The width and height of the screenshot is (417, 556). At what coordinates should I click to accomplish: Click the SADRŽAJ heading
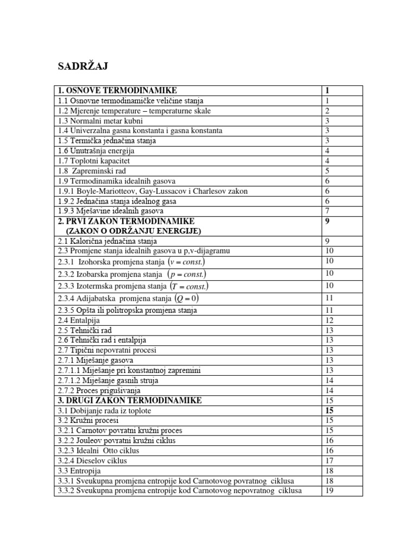[x=83, y=66]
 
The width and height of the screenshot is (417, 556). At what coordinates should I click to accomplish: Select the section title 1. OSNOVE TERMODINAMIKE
[x=117, y=91]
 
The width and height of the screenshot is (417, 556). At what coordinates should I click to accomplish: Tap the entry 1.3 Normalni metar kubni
[x=100, y=121]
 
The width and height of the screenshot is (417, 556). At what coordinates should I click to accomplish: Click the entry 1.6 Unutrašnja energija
[x=96, y=151]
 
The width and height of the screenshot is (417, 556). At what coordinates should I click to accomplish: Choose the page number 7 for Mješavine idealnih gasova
[x=327, y=211]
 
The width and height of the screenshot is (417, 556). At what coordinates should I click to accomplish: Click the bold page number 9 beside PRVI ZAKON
[x=327, y=222]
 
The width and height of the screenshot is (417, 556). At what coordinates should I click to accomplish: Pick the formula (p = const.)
[x=188, y=274]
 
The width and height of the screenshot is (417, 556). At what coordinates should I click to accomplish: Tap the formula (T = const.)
[x=189, y=286]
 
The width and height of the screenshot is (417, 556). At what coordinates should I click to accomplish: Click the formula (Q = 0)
[x=187, y=298]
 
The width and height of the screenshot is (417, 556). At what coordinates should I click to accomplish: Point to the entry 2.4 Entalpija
[x=79, y=320]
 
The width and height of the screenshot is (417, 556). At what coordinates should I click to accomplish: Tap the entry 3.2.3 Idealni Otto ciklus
[x=98, y=451]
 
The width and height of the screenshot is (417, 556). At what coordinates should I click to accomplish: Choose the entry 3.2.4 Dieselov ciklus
[x=92, y=460]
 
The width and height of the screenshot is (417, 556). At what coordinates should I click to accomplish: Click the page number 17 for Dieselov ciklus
[x=329, y=460]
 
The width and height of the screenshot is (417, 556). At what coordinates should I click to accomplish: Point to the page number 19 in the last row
[x=329, y=491]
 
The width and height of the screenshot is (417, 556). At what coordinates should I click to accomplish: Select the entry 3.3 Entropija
[x=79, y=471]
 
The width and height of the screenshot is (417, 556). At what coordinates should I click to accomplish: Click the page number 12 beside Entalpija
[x=329, y=320]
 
